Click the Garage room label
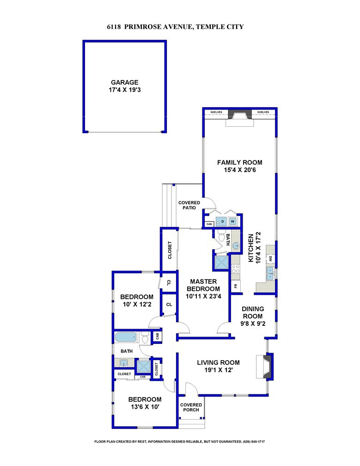click(x=124, y=82)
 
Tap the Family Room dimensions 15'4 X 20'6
click(x=240, y=170)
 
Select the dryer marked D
click(x=221, y=221)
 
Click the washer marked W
click(x=232, y=221)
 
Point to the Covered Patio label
click(x=189, y=205)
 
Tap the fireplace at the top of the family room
click(x=240, y=118)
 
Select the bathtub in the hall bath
click(x=127, y=337)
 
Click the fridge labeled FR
click(x=236, y=286)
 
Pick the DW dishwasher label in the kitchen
click(x=271, y=259)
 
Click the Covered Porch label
click(x=191, y=407)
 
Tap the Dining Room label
click(x=253, y=313)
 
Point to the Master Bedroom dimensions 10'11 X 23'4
click(x=203, y=296)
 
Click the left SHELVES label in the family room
click(x=216, y=112)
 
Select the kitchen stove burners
click(x=236, y=269)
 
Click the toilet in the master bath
click(x=221, y=237)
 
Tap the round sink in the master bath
click(x=235, y=246)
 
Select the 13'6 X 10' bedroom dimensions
click(x=145, y=407)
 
